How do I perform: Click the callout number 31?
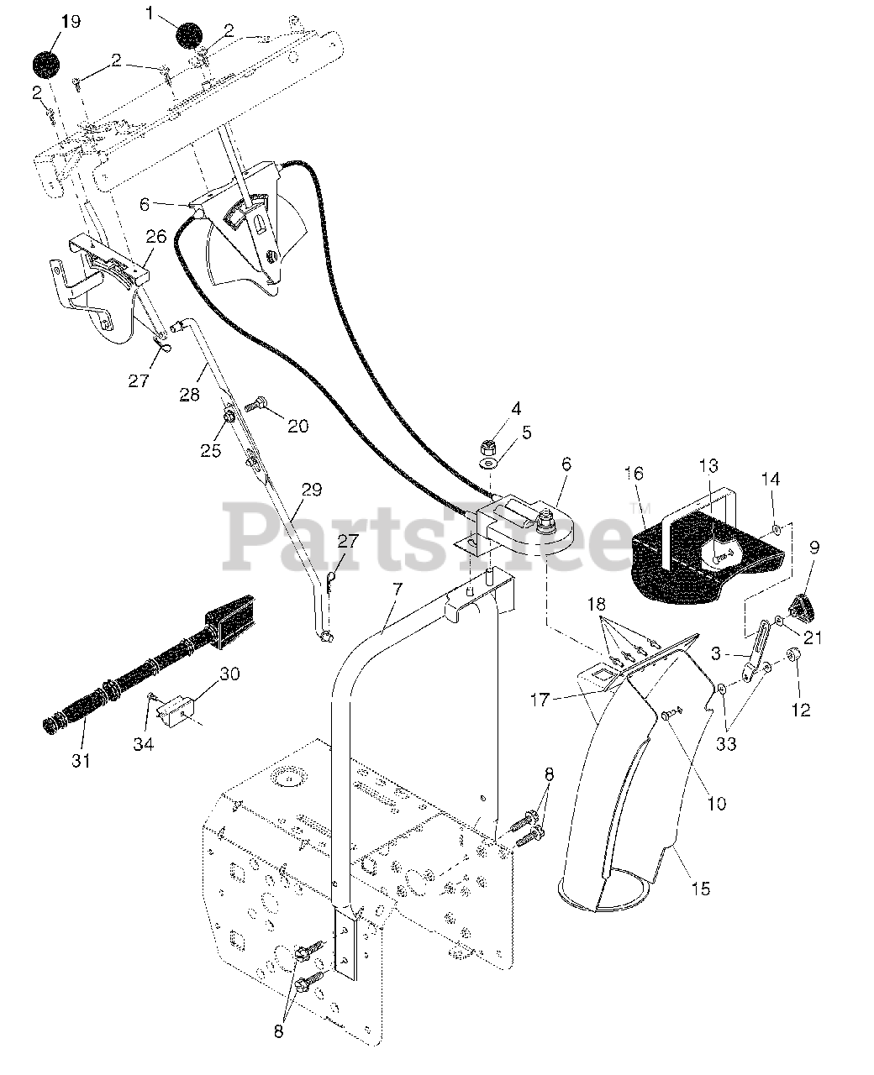click(81, 760)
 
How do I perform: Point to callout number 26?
click(155, 238)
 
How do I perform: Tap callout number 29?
click(311, 490)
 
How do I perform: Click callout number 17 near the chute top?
click(540, 699)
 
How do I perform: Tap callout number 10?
click(715, 804)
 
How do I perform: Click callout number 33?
click(724, 743)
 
